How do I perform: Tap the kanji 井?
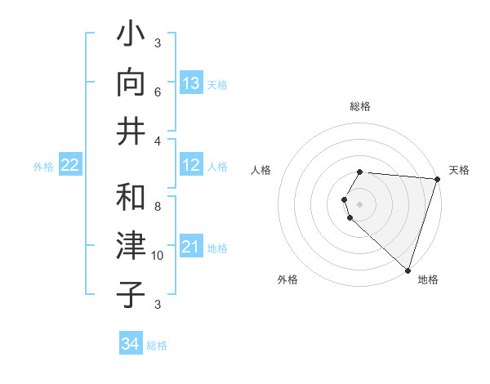pyautogui.click(x=131, y=131)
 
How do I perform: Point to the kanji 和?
pyautogui.click(x=131, y=197)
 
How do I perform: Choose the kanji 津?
pyautogui.click(x=131, y=246)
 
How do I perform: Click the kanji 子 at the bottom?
pyautogui.click(x=131, y=294)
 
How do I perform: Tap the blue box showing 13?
pyautogui.click(x=191, y=83)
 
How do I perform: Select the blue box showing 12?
pyautogui.click(x=191, y=166)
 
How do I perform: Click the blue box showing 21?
pyautogui.click(x=191, y=247)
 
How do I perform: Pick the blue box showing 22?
pyautogui.click(x=70, y=166)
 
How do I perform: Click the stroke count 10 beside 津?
pyautogui.click(x=158, y=256)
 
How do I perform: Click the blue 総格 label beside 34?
pyautogui.click(x=157, y=346)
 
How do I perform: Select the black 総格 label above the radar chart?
pyautogui.click(x=360, y=106)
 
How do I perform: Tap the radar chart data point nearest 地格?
pyautogui.click(x=408, y=270)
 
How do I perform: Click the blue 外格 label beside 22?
pyautogui.click(x=43, y=167)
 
